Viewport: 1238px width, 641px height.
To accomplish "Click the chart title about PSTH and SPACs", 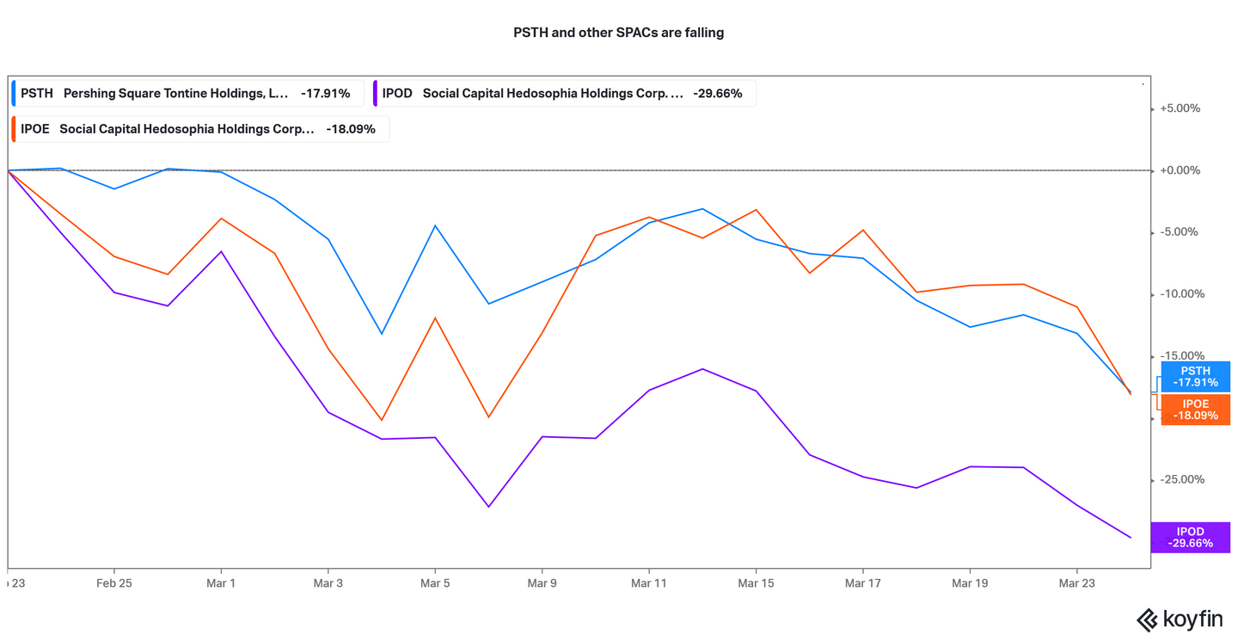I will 618,33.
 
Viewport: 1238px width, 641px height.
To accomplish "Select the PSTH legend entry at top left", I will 186,93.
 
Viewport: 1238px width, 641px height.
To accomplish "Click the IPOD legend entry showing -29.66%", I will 564,93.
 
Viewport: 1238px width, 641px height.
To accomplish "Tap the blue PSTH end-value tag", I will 1195,377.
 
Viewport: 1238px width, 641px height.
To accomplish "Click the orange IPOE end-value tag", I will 1195,410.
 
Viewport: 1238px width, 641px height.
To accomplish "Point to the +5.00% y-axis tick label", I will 1180,108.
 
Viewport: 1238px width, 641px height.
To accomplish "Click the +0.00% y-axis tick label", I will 1180,170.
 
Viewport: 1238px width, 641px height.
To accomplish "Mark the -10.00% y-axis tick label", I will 1180,294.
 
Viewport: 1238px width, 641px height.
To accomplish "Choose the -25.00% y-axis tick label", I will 1180,479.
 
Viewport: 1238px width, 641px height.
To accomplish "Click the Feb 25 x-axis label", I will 114,583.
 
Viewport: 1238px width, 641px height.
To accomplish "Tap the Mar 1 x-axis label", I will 221,583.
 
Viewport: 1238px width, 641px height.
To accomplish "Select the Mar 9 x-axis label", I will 542,583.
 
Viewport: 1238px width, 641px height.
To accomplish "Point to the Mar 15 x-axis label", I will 756,583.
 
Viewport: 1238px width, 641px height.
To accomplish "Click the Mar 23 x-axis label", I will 1077,583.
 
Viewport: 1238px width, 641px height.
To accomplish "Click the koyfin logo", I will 1181,619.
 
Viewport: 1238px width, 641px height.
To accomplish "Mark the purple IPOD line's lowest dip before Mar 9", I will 488,507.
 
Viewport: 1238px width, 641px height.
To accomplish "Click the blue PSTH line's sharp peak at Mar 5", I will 435,225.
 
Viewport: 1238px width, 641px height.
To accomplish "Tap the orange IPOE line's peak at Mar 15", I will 756,209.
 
